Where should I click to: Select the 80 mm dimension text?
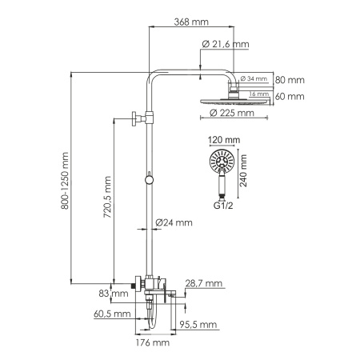click(x=290, y=80)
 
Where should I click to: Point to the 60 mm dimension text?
click(x=290, y=96)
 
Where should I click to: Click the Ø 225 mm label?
click(x=233, y=113)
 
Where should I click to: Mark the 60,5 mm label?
click(x=111, y=314)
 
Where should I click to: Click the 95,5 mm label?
click(x=198, y=324)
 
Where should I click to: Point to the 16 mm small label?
click(x=258, y=94)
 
